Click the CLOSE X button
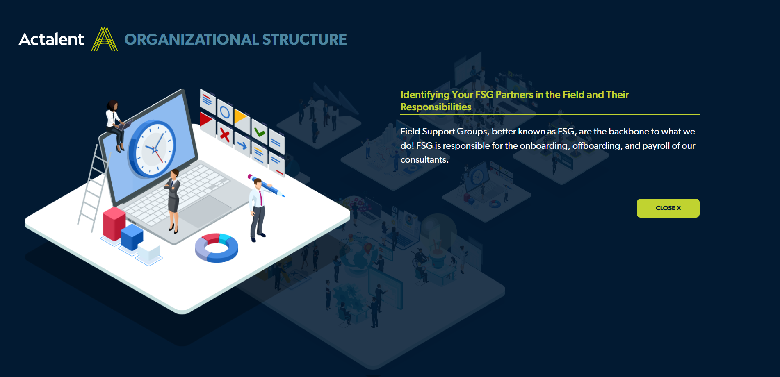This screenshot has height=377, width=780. point(668,208)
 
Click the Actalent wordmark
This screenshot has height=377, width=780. point(51,39)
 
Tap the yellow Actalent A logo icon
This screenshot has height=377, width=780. point(105,39)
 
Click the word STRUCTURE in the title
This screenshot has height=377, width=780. point(304,39)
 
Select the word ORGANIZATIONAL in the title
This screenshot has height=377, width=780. point(192,39)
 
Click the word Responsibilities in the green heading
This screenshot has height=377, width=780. point(436,107)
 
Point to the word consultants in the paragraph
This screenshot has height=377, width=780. point(424,160)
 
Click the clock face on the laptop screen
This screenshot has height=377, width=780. point(153,149)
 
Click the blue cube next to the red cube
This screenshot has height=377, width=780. point(132,237)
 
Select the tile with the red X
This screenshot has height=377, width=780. point(225,134)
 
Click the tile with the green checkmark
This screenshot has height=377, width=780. point(259,132)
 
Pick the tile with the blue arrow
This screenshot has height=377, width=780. point(242,145)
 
